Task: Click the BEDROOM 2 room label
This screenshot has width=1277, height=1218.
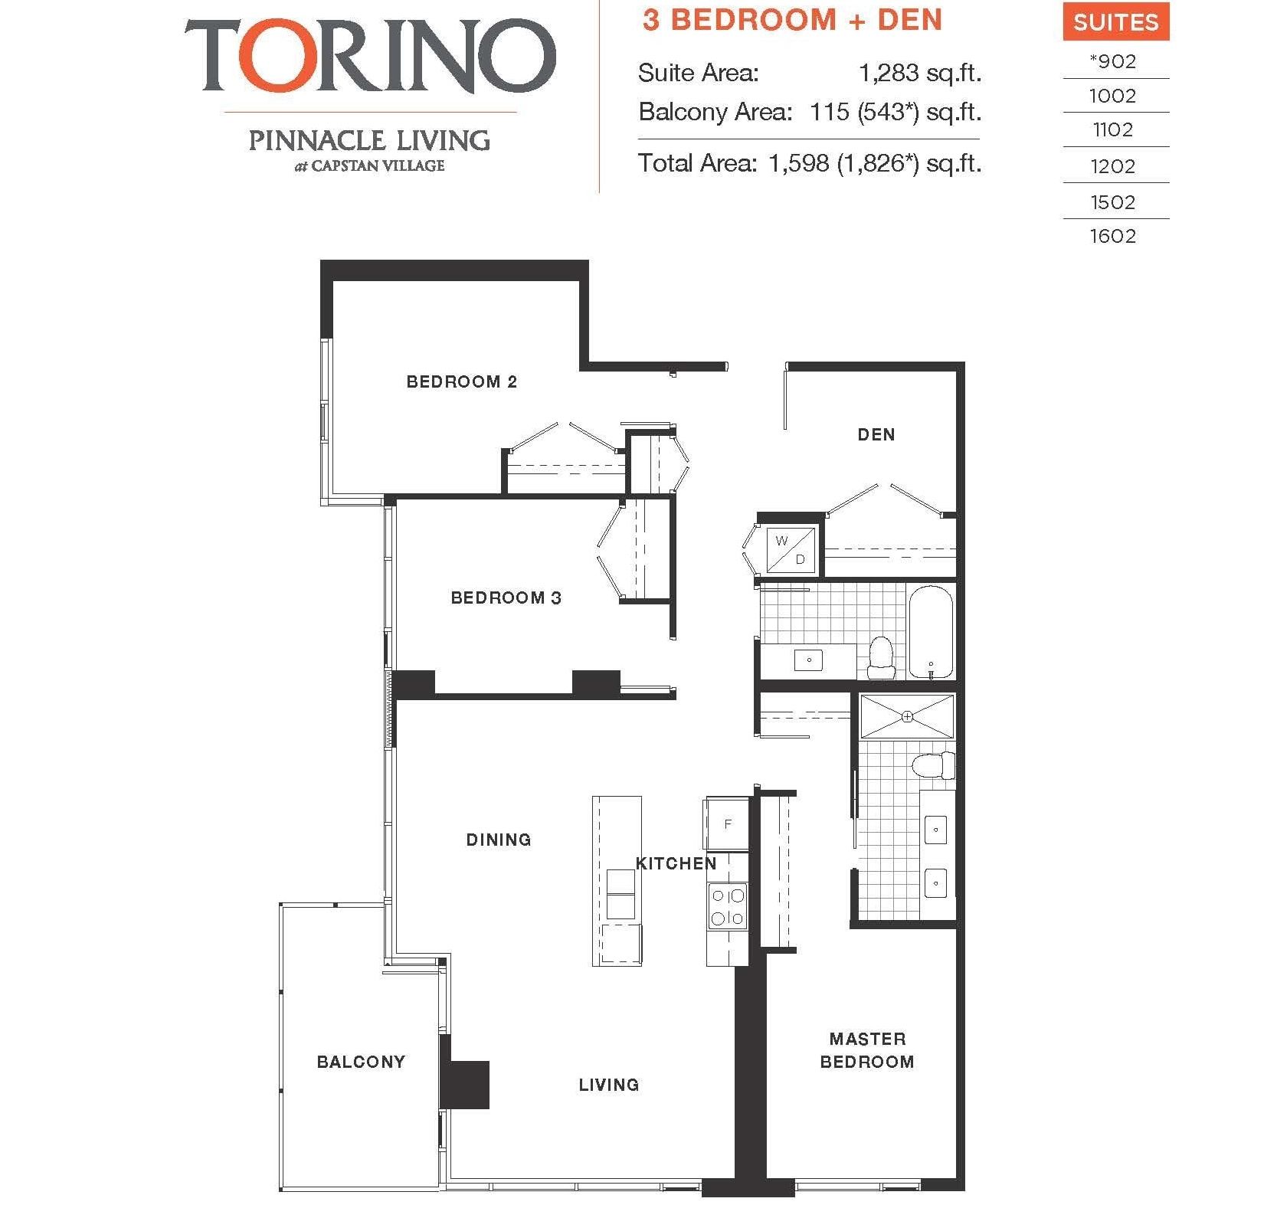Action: [461, 381]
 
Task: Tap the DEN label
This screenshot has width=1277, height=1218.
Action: [876, 435]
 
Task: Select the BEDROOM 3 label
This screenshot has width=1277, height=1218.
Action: [506, 598]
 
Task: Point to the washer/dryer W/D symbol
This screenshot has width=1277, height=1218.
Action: [790, 550]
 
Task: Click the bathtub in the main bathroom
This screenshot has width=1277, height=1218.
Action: [931, 632]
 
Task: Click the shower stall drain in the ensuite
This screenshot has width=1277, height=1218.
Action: [907, 717]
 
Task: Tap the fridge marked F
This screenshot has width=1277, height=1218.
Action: [727, 824]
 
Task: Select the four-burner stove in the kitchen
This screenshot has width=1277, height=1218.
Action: [727, 906]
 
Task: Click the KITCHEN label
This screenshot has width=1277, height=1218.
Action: [676, 864]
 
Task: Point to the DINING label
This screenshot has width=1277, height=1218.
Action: [499, 840]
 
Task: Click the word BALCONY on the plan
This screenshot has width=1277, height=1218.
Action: [361, 1062]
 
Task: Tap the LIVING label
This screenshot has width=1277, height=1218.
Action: [608, 1085]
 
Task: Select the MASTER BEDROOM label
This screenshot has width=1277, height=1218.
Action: [867, 1050]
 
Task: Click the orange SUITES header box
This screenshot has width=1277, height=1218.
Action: [1115, 23]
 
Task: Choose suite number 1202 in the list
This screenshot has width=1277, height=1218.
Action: [1113, 166]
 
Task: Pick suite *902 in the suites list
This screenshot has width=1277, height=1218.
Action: [1113, 61]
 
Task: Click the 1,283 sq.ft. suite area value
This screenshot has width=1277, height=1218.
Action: [919, 74]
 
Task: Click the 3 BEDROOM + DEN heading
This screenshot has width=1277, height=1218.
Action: [792, 21]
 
